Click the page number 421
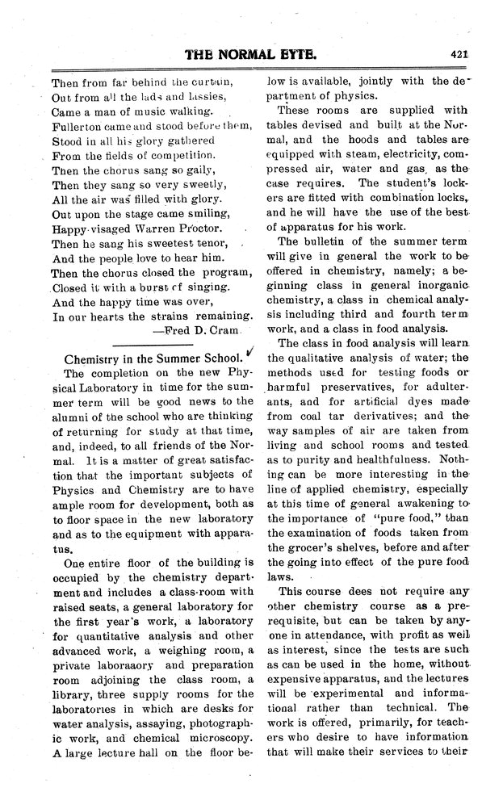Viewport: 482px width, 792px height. [460, 56]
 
